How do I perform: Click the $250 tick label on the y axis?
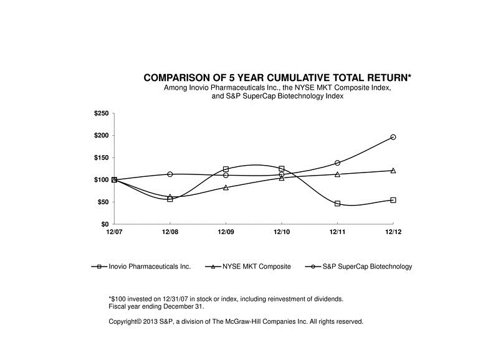101,113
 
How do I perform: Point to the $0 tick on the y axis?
103,224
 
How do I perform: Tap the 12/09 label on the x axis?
226,233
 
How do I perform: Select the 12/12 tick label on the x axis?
393,233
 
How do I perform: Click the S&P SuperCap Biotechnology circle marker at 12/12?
393,137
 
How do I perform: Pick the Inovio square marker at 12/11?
337,204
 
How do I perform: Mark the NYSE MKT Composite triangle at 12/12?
393,171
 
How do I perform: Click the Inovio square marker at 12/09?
226,169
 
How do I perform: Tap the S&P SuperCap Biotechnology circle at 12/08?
170,174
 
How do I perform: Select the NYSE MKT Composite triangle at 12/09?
226,187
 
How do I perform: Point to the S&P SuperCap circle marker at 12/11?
337,163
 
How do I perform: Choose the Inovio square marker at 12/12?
393,200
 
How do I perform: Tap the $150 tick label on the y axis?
101,158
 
